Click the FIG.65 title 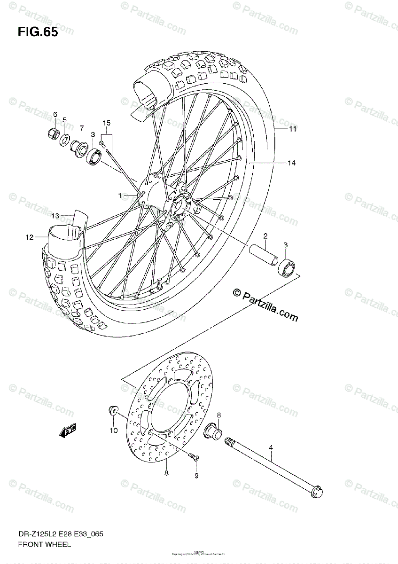pos(38,33)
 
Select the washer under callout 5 pos(64,139)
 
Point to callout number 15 pos(107,123)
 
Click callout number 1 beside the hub pos(120,195)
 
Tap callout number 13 pos(55,216)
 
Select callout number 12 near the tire pos(30,237)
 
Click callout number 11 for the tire pos(292,129)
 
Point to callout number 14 pos(292,163)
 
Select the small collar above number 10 pos(113,410)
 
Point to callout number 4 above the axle pos(271,448)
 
